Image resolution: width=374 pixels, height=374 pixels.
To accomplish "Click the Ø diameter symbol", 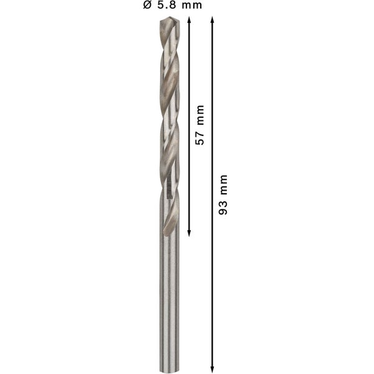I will point(147,6).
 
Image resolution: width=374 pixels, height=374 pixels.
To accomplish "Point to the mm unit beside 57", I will point(199,115).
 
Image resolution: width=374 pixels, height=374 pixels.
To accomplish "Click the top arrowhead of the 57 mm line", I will point(189,21).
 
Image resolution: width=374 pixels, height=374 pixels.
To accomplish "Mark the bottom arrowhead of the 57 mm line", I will point(189,234).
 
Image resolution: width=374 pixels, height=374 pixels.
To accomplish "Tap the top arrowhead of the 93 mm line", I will point(213,21).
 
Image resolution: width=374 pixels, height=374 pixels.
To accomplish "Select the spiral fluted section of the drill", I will point(168,125).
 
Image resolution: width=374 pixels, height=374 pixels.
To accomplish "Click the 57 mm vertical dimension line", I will point(189,75).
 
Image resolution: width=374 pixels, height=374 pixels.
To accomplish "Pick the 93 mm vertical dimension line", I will point(213,280).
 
